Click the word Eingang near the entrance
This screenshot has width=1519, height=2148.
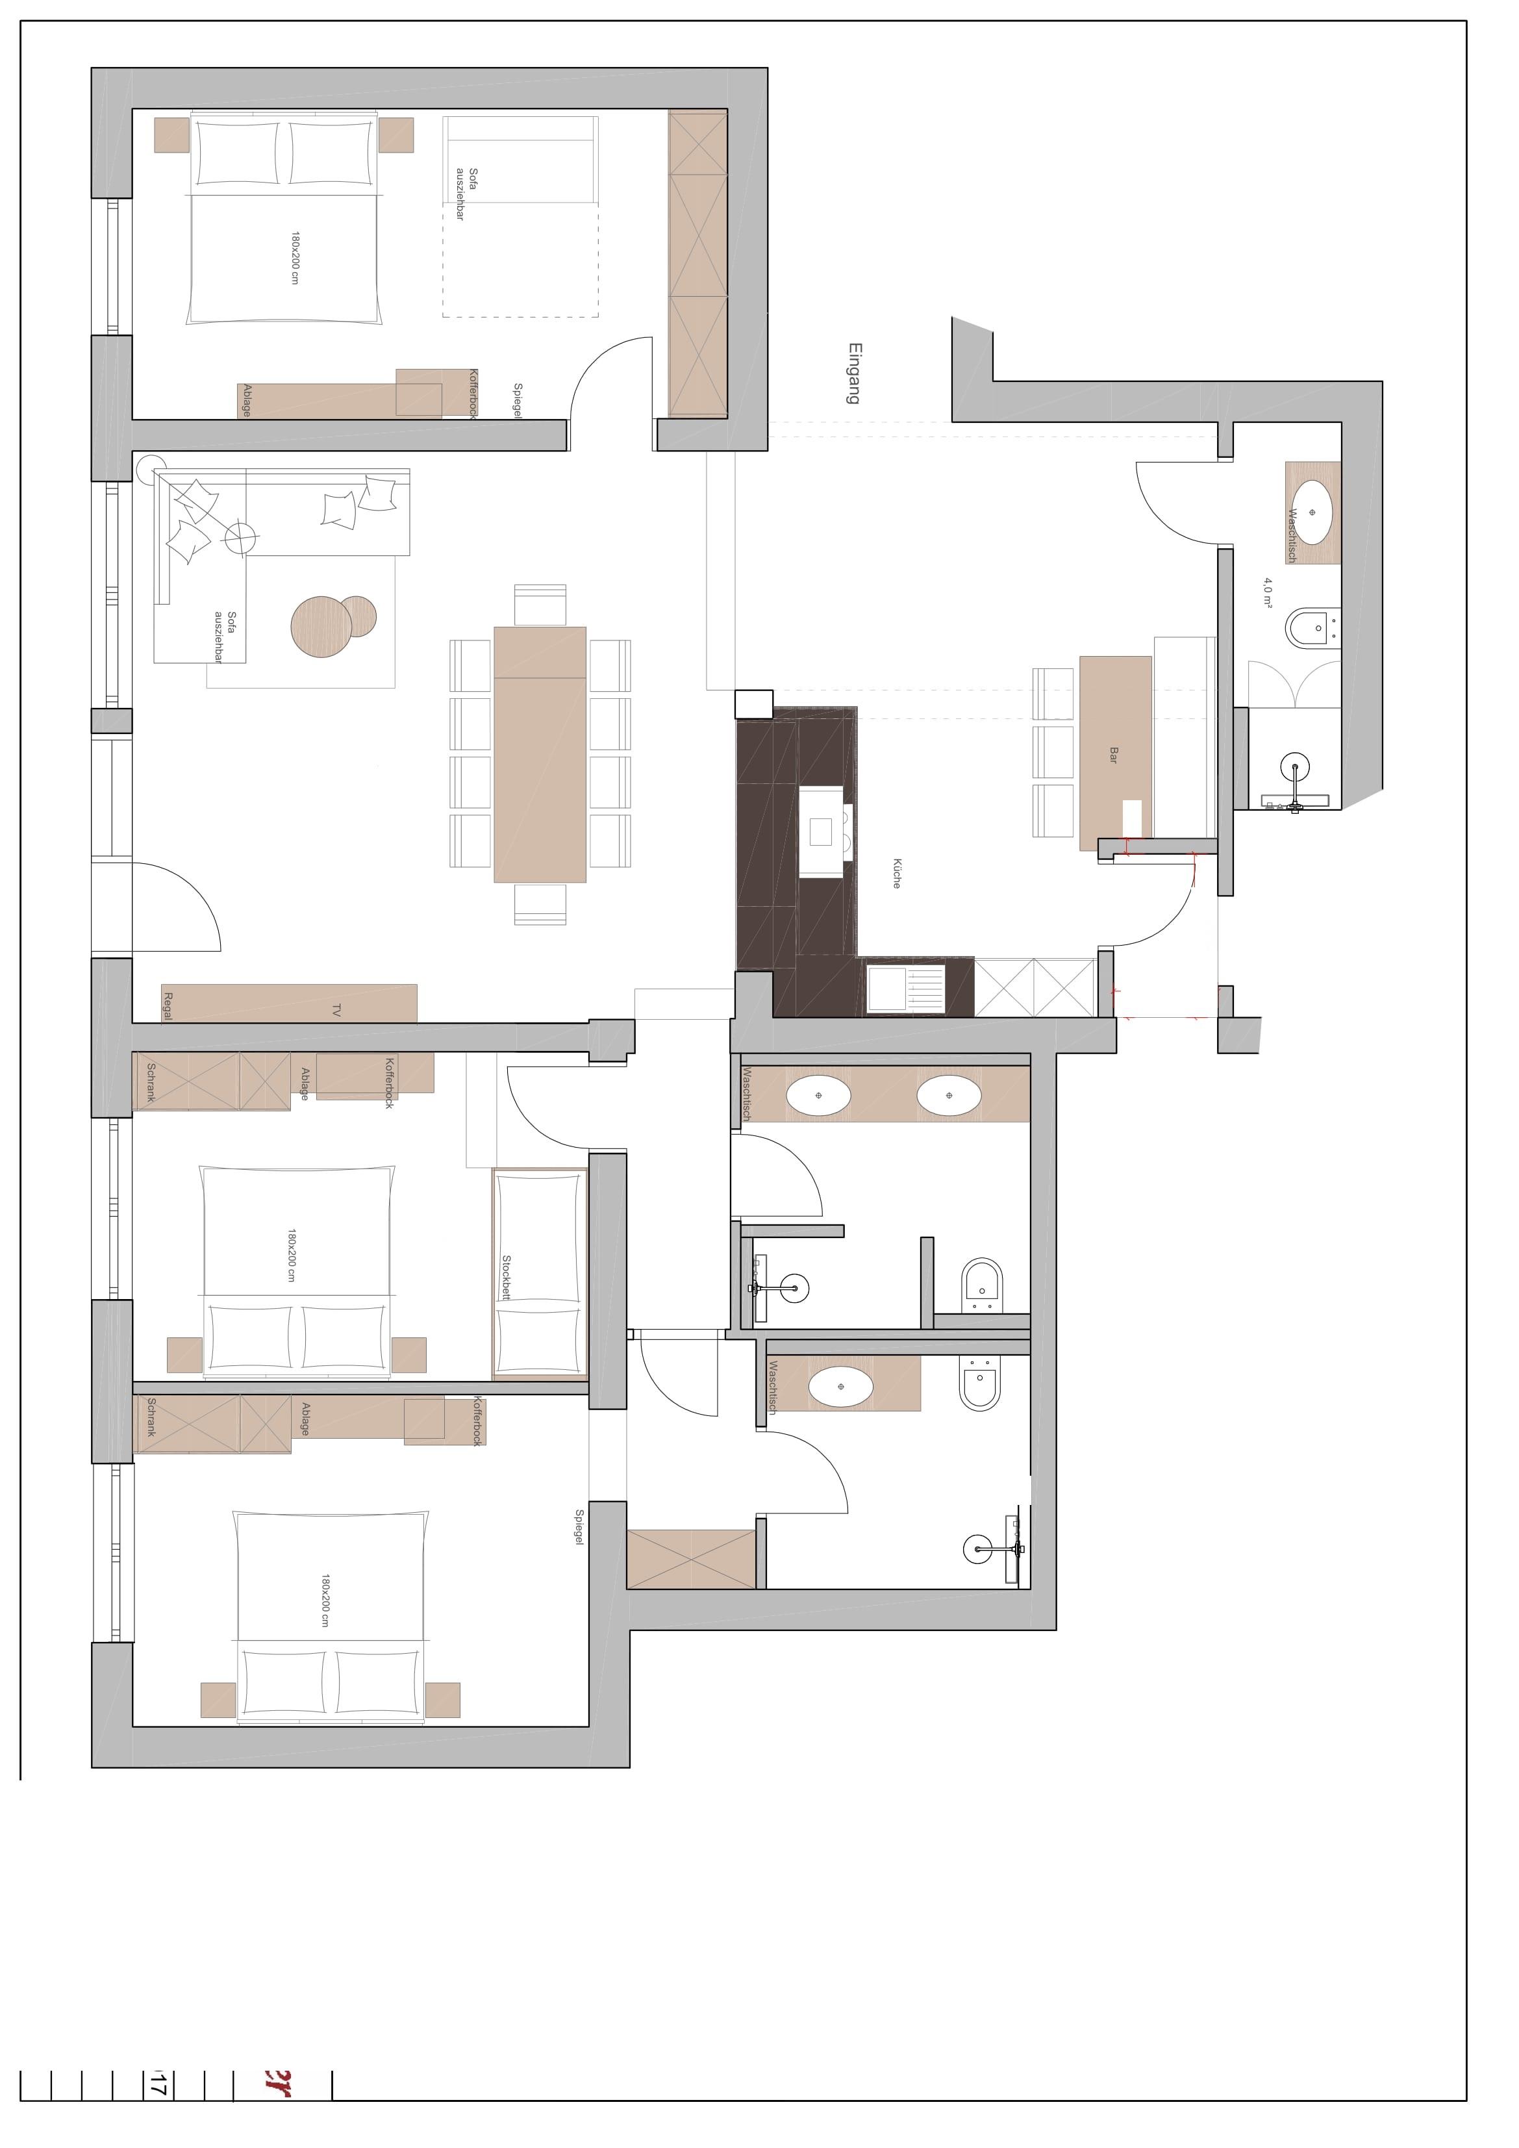coord(854,373)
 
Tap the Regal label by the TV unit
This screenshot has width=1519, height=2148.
coord(168,1005)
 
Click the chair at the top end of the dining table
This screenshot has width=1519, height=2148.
coord(540,604)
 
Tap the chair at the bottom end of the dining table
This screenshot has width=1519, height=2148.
coord(540,903)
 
